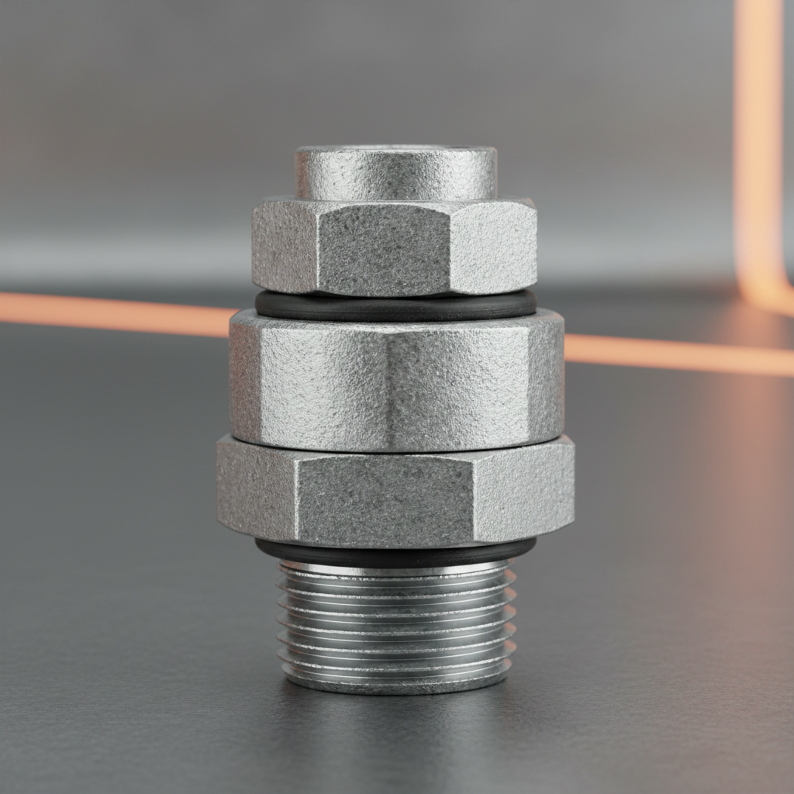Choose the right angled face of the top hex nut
[494, 245]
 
